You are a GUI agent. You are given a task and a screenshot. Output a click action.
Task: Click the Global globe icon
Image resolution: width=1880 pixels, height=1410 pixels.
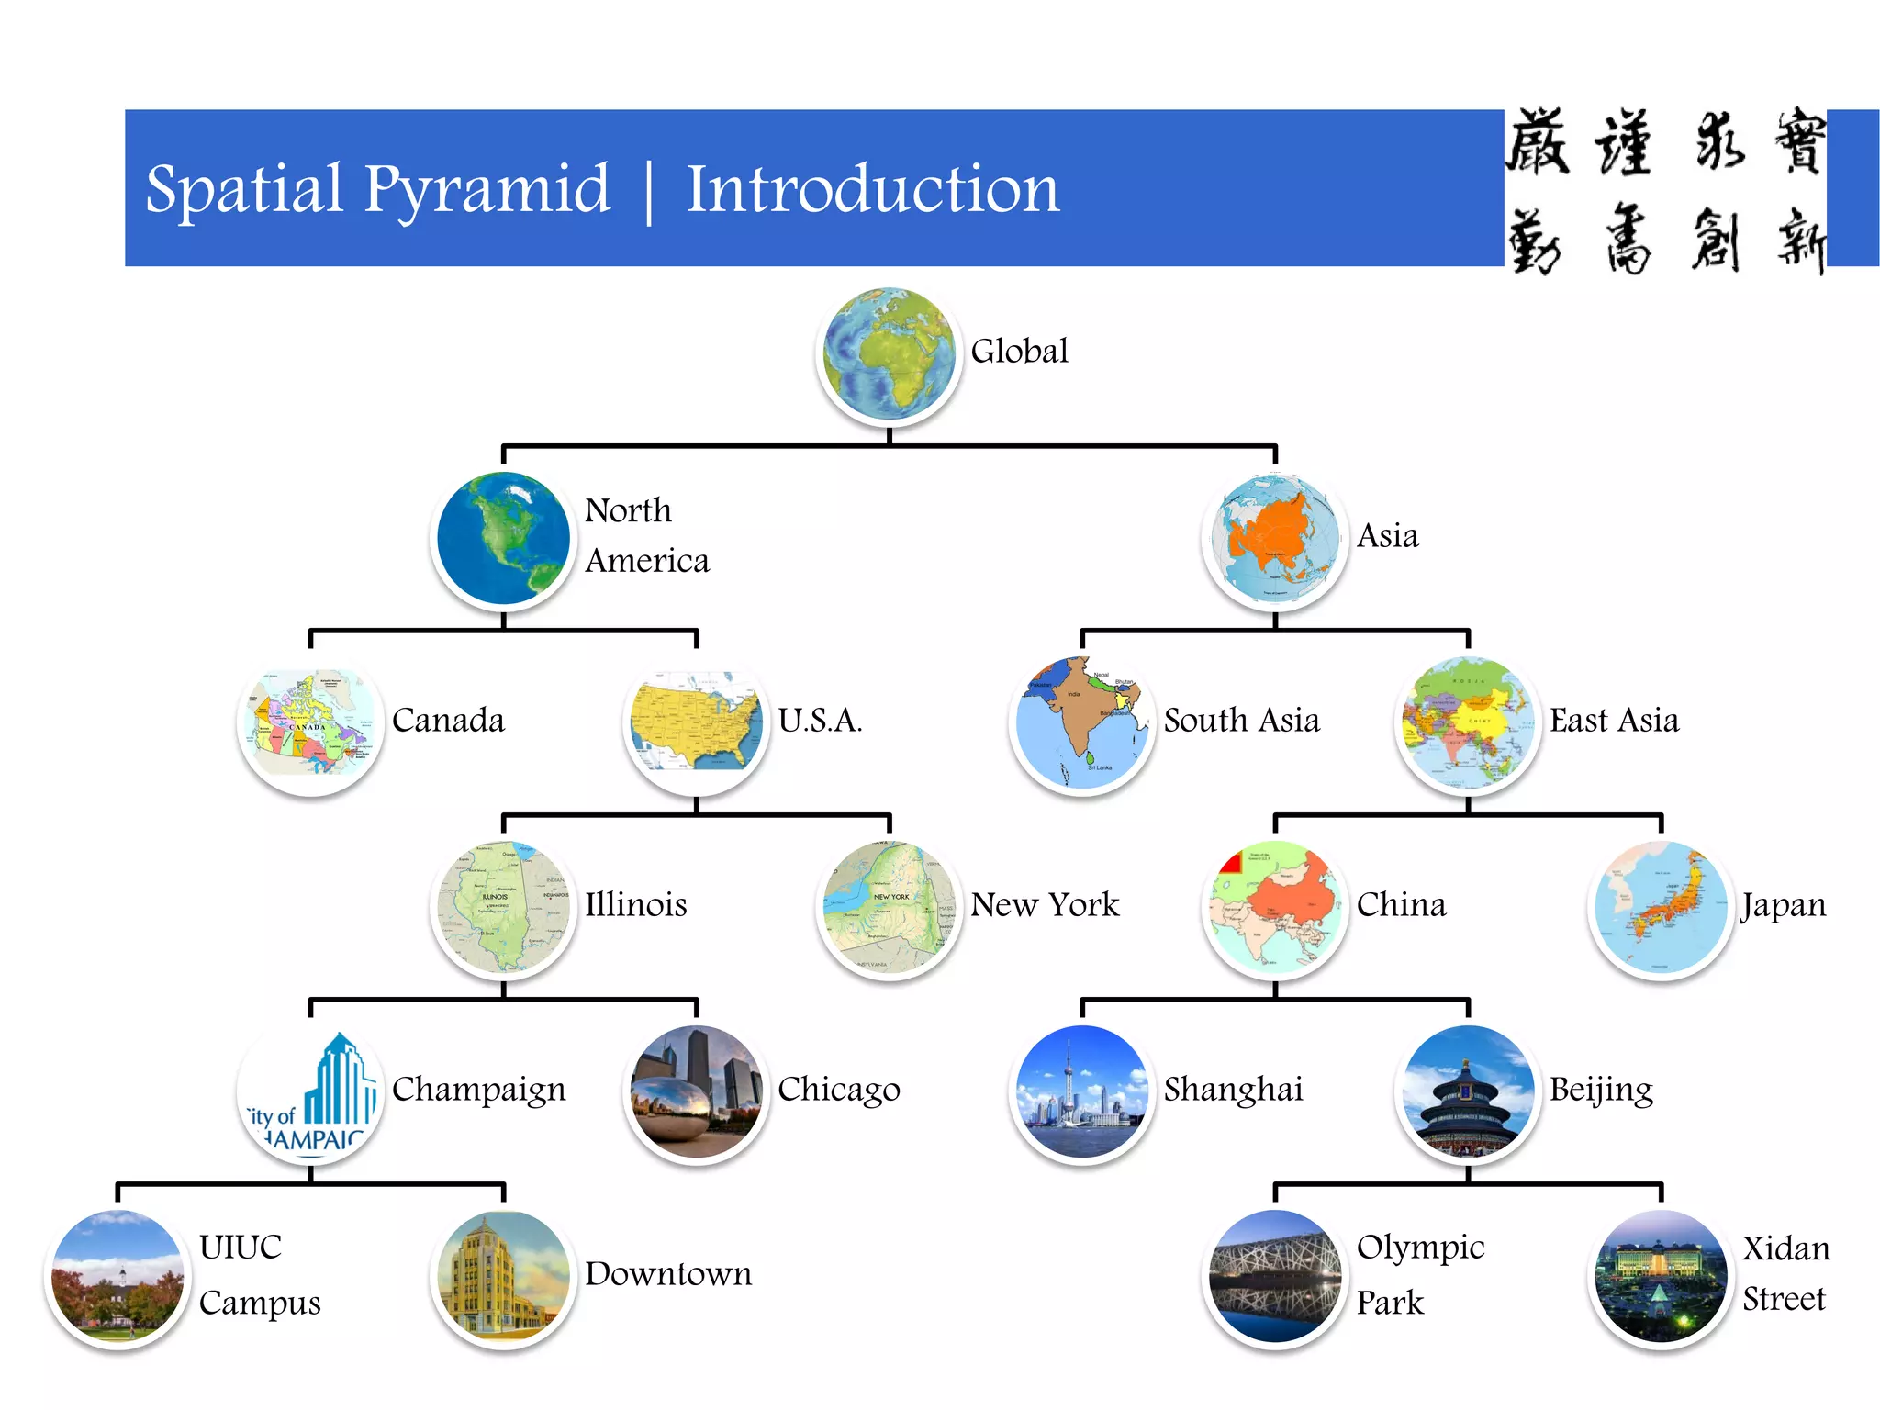point(889,354)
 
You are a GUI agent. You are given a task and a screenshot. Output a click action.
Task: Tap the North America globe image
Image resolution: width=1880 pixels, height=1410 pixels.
point(503,539)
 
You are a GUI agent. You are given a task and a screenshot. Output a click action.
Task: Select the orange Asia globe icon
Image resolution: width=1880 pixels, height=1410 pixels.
point(1274,539)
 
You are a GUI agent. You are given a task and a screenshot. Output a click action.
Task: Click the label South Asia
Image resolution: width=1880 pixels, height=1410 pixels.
point(1241,721)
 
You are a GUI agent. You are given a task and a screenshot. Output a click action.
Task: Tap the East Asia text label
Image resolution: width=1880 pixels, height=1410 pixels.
point(1614,721)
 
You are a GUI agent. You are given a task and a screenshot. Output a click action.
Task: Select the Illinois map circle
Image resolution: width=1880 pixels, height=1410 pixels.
point(503,908)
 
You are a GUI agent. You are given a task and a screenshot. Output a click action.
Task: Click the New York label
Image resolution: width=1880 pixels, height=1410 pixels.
point(1045,905)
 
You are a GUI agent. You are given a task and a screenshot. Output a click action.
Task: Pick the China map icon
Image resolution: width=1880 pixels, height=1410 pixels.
point(1274,908)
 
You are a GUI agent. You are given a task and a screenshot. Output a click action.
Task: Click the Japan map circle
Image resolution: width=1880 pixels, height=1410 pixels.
point(1660,908)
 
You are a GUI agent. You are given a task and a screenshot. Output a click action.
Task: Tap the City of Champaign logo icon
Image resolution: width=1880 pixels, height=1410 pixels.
point(310,1092)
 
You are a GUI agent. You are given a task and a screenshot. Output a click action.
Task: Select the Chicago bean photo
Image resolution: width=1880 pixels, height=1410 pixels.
point(696,1092)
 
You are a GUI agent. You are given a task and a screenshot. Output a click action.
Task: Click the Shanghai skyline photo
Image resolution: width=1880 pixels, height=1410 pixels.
point(1081,1092)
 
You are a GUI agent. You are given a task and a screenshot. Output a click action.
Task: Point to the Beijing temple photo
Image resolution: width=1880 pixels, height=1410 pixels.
point(1467,1092)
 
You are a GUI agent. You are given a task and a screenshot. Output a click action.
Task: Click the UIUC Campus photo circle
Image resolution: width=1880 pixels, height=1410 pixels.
point(117,1277)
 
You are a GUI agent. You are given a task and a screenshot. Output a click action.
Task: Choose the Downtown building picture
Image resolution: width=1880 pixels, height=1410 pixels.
point(503,1277)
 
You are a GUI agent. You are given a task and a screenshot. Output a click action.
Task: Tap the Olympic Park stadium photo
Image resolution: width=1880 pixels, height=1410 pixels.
point(1274,1277)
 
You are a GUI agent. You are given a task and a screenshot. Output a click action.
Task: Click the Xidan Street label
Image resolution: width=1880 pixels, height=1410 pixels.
point(1785,1274)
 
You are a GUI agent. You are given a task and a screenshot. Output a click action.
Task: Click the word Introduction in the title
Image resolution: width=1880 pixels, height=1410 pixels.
point(872,189)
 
